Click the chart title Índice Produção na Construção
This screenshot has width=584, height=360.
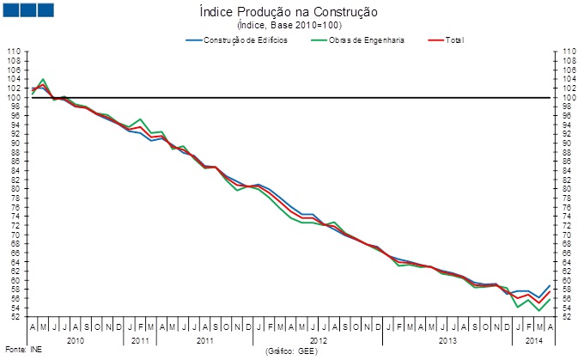tap(293, 13)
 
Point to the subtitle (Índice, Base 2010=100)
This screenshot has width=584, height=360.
tap(293, 26)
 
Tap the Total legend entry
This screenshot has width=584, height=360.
tap(454, 40)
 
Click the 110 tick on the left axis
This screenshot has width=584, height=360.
tap(14, 52)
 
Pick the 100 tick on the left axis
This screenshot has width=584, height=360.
tap(14, 97)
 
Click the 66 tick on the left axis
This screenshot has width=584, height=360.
tap(15, 253)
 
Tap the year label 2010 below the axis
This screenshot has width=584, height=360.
tap(76, 341)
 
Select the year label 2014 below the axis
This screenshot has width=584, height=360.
tap(533, 341)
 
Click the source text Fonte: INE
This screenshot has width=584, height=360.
tap(17, 351)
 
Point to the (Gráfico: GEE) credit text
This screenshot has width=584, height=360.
tap(292, 351)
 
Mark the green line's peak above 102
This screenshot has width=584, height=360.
tap(43, 79)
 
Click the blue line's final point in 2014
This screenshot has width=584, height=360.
tap(549, 285)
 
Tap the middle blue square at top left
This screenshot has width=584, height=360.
tap(27, 9)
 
